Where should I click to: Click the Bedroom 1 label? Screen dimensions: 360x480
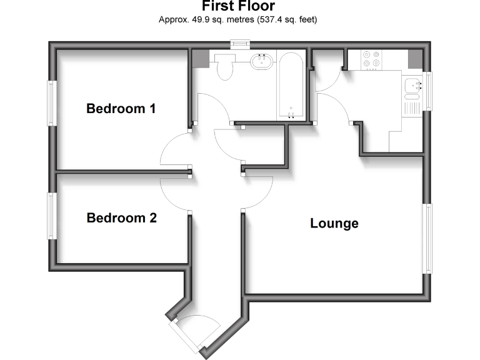pos(121,109)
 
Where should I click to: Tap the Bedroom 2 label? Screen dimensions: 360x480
pos(121,218)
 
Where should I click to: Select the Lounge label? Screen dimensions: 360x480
pos(334,223)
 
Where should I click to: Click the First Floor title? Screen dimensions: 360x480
pos(238,7)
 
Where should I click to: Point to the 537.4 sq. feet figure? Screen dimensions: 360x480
pos(286,20)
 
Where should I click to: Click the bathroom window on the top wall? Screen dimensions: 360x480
pos(239,44)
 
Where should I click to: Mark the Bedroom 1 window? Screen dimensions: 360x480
pos(51,102)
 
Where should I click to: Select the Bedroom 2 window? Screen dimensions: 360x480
pos(51,215)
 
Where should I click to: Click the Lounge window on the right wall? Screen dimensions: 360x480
pos(427,238)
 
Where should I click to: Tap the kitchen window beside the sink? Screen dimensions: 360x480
pos(427,91)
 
